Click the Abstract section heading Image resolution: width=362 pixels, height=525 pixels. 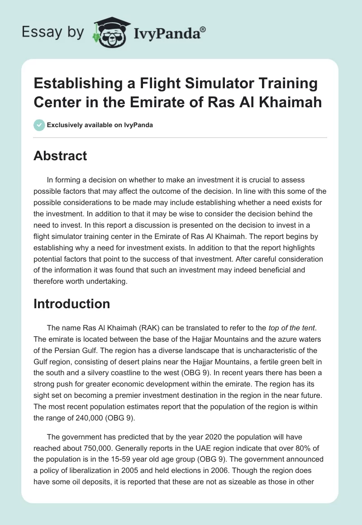[60, 156]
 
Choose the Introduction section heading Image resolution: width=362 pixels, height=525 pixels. [71, 304]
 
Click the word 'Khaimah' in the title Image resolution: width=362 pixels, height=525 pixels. [290, 102]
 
